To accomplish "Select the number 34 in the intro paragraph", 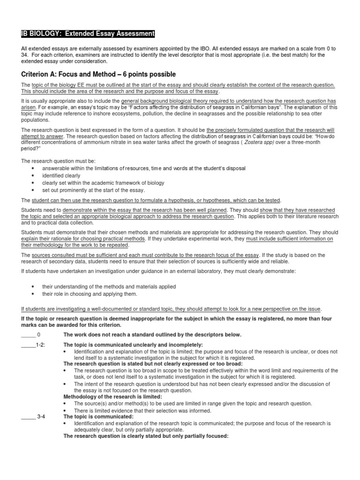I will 25,55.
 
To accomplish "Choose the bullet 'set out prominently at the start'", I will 87,190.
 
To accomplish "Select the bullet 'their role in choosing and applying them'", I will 90,294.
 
